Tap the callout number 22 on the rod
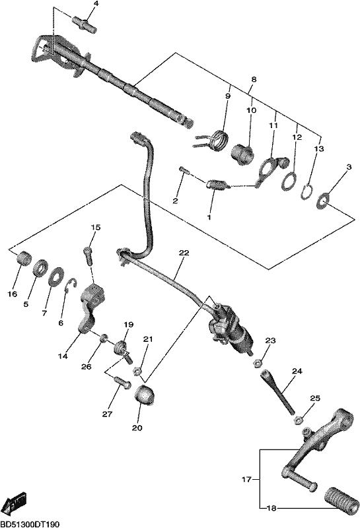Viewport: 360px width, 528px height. pos(184,253)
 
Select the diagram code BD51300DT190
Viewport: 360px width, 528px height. pos(30,524)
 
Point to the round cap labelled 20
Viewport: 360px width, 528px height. pos(144,395)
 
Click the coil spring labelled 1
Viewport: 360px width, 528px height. pos(217,185)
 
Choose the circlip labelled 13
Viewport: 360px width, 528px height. pos(306,192)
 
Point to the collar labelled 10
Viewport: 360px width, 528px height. pos(242,154)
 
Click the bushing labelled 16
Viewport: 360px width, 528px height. pos(24,258)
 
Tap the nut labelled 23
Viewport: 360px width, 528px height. pos(257,362)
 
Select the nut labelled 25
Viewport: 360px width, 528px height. pos(298,420)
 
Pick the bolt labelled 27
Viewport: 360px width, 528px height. pos(122,383)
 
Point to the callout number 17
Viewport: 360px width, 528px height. pos(247,479)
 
